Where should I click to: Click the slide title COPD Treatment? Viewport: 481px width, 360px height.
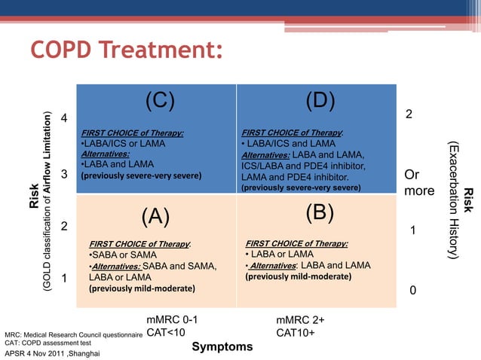127,52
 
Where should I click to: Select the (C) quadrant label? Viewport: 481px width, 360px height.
160,100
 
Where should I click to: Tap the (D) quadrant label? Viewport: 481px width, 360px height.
320,100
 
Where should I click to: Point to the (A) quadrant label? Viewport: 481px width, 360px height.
155,216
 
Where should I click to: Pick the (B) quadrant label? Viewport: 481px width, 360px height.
320,213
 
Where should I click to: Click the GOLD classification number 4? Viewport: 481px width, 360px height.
64,118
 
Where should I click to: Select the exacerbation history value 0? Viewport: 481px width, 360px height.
412,291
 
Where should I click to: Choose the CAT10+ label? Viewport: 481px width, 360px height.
296,332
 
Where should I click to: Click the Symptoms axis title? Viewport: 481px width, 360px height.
222,346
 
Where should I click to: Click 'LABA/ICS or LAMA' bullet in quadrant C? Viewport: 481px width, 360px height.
122,144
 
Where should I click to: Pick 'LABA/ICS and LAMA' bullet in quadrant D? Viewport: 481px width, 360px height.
288,144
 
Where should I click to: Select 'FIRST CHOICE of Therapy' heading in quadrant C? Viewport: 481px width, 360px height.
133,133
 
